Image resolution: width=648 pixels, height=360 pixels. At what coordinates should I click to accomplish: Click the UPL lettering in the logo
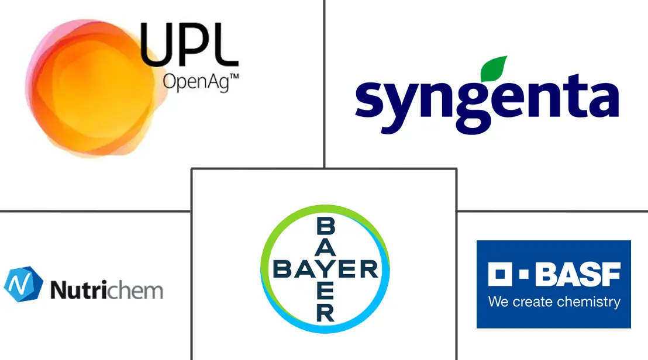coord(189,45)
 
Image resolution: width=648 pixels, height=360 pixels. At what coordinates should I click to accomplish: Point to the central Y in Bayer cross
coord(325,269)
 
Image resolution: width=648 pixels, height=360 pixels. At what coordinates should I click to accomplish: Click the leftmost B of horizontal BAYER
coord(284,269)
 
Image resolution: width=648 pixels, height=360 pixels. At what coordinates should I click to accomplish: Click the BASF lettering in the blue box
coord(578,274)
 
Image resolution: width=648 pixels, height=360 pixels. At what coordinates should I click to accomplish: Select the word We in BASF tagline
coord(499,302)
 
